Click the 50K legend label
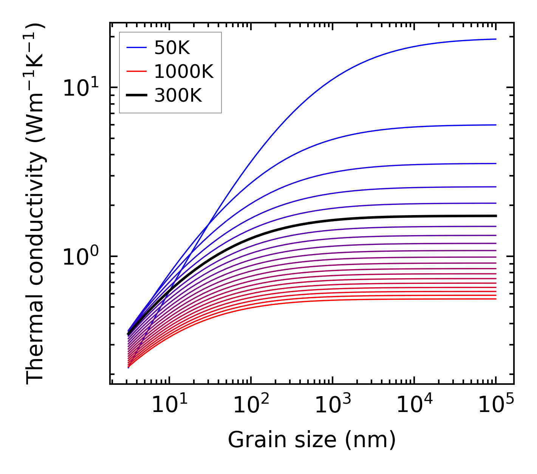pyautogui.click(x=172, y=48)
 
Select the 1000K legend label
pyautogui.click(x=184, y=71)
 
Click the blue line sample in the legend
pyautogui.click(x=136, y=48)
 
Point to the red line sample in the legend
pyautogui.click(x=136, y=71)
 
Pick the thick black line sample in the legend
pyautogui.click(x=136, y=96)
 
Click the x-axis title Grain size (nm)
pyautogui.click(x=312, y=440)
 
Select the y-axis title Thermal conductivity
pyautogui.click(x=36, y=204)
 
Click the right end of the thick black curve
pyautogui.click(x=495, y=216)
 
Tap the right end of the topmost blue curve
pyautogui.click(x=495, y=39)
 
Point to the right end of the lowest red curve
pyautogui.click(x=495, y=299)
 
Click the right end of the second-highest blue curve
pyautogui.click(x=495, y=125)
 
